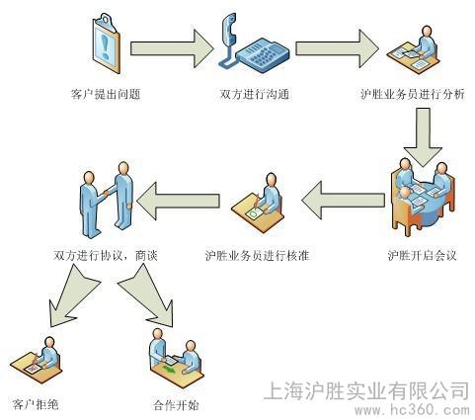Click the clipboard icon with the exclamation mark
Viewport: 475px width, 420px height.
[x=106, y=43]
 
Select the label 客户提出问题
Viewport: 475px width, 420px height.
[x=106, y=94]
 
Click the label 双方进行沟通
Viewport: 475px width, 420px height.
[x=255, y=94]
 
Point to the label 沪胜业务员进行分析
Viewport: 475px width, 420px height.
[x=413, y=94]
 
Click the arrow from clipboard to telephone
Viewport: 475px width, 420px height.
[x=172, y=48]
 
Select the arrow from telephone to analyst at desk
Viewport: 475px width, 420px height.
[x=337, y=48]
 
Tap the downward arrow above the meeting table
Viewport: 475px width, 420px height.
[x=423, y=137]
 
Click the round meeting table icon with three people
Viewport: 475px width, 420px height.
[x=423, y=197]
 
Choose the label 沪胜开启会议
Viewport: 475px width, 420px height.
[x=422, y=255]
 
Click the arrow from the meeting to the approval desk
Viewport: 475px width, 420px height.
[x=343, y=200]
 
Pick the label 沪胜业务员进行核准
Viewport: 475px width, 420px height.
[x=258, y=255]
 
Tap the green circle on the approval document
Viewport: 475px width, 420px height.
[x=253, y=214]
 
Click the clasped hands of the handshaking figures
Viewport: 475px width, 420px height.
[x=106, y=194]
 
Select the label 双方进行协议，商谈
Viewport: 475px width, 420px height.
[x=106, y=255]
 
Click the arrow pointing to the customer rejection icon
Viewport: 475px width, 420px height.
[x=71, y=297]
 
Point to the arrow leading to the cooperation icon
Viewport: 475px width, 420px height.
[x=147, y=296]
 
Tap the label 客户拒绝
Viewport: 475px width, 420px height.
[x=36, y=404]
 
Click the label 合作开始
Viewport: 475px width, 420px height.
[x=177, y=405]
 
